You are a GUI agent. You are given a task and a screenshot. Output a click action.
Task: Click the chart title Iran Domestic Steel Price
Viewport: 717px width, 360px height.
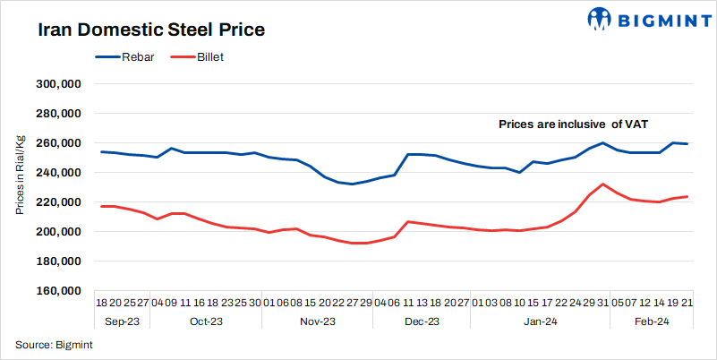[x=151, y=30]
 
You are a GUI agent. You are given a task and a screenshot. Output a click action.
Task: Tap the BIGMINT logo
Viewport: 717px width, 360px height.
[x=638, y=18]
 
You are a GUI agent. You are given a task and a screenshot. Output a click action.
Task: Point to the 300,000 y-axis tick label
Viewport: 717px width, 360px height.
[x=59, y=84]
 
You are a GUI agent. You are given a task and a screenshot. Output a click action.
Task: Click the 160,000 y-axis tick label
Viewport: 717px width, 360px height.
[x=59, y=291]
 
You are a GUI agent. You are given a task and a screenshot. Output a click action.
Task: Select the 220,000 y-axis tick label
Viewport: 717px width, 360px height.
[x=59, y=202]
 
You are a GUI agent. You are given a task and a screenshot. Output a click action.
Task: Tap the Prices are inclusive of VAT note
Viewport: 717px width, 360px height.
[x=585, y=124]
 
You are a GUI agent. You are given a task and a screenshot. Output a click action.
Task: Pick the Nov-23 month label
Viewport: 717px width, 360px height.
[x=316, y=321]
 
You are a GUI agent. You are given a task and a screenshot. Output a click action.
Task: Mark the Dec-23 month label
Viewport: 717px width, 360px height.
[x=422, y=321]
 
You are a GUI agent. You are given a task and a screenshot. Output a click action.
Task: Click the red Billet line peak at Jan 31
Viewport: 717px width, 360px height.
[x=603, y=184]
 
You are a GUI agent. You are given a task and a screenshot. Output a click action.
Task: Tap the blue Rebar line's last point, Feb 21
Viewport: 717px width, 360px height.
[x=687, y=144]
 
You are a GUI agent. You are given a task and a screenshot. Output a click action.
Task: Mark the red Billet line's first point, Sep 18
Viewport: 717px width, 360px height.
[x=101, y=206]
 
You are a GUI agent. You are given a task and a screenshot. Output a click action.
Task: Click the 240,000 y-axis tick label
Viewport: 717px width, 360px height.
[x=59, y=173]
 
